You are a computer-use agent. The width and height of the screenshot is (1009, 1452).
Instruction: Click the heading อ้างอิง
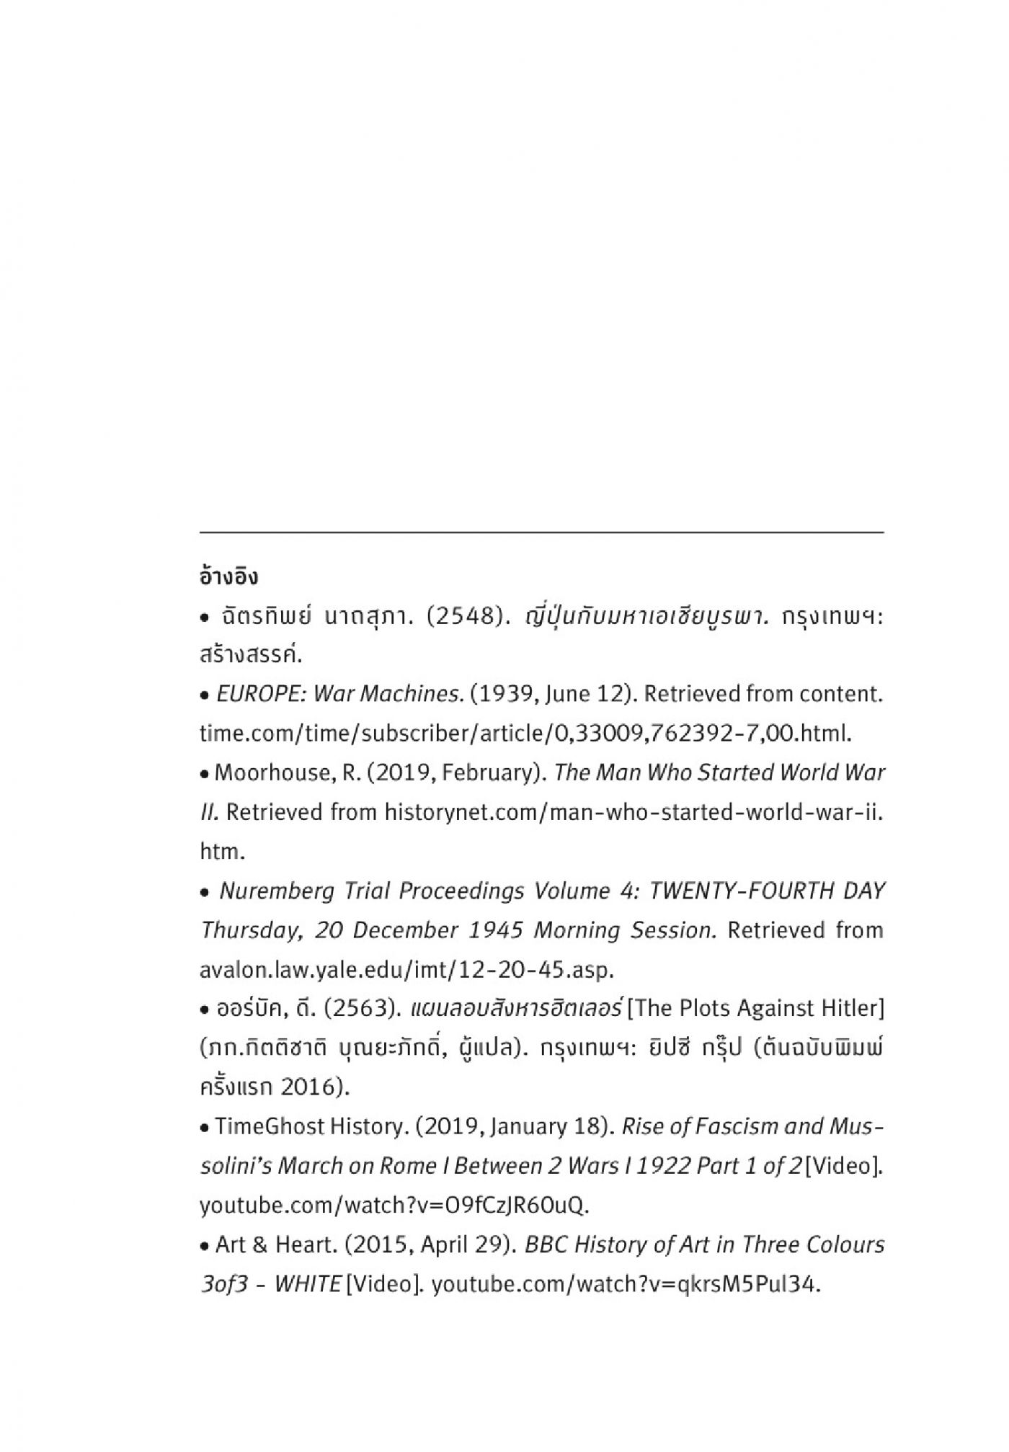(228, 577)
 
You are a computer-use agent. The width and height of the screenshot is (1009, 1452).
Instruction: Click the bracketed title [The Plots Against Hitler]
(756, 1008)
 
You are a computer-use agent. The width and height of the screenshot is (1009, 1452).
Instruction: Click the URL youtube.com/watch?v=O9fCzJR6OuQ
(394, 1205)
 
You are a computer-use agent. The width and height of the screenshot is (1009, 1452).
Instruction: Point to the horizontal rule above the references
(541, 532)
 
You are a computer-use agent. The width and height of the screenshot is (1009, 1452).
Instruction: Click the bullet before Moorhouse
(205, 775)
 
